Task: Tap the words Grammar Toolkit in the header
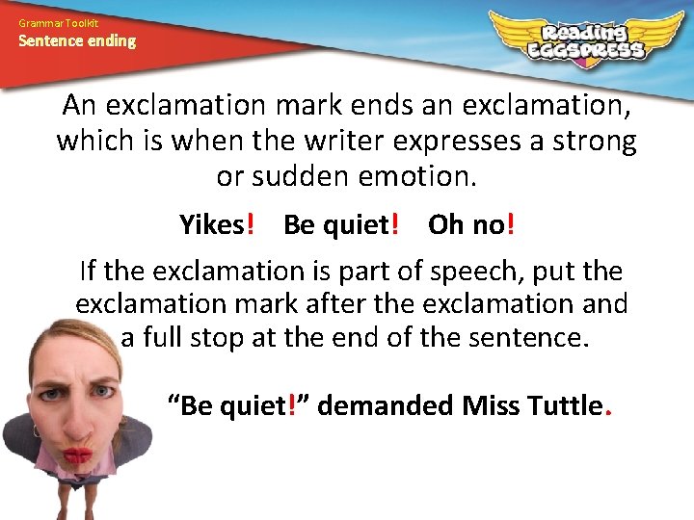coord(58,22)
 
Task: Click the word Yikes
coord(212,225)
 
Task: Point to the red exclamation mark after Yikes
coord(251,225)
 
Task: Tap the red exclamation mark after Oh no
coord(510,225)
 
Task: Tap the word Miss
coord(490,405)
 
